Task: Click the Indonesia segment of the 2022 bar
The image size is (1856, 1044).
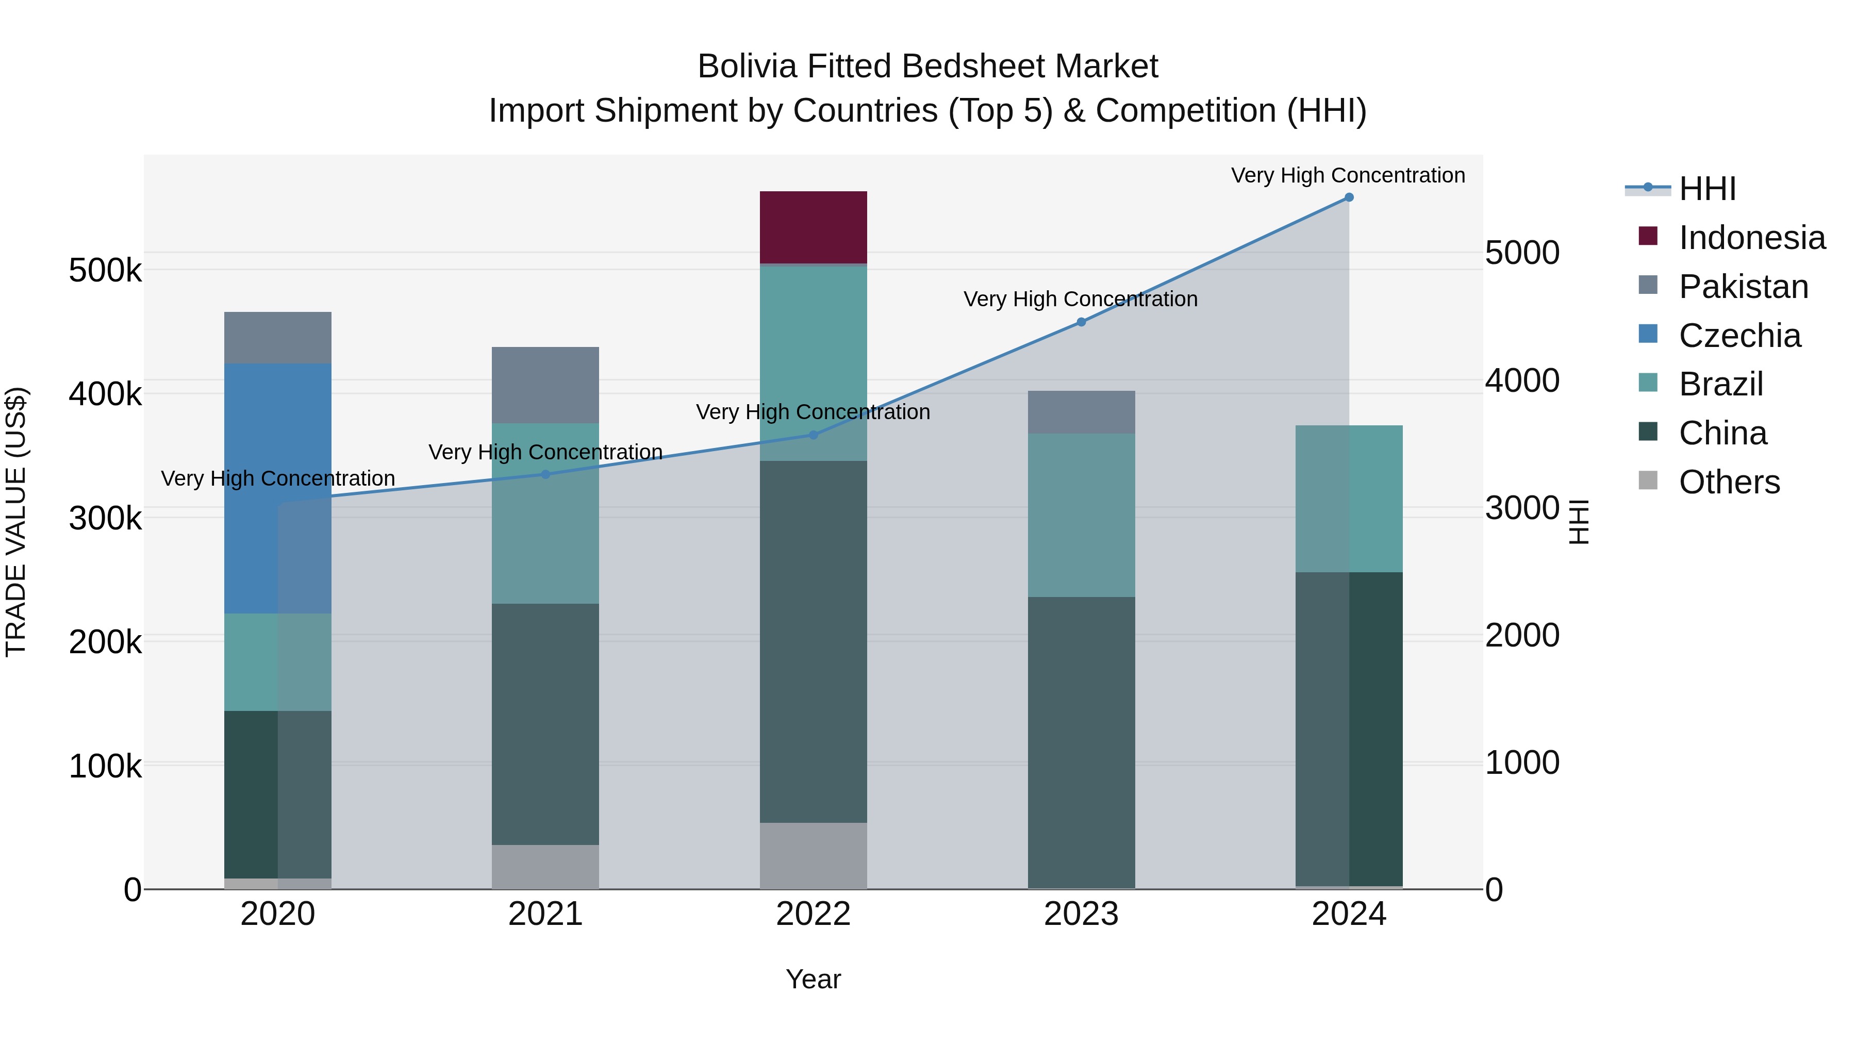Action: tap(814, 227)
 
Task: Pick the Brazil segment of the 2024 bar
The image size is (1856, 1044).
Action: tap(1349, 499)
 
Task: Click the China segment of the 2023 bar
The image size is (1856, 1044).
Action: tap(1081, 742)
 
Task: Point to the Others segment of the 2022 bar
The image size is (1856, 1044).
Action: tap(814, 855)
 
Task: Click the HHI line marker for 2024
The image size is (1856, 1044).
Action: tap(1349, 197)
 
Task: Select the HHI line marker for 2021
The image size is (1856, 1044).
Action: tap(545, 474)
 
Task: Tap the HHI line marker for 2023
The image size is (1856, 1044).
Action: tap(1081, 322)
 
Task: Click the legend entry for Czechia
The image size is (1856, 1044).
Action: tap(1739, 336)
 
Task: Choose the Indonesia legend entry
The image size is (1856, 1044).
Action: tap(1751, 238)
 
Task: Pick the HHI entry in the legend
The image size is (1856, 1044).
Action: tap(1707, 189)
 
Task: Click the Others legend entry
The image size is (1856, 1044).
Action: tap(1729, 482)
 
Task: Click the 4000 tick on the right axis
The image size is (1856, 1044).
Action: tap(1522, 380)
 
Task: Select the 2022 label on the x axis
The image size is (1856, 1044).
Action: tap(814, 914)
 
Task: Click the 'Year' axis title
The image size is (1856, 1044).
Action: tap(814, 979)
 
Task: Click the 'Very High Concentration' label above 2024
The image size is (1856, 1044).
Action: tap(1347, 175)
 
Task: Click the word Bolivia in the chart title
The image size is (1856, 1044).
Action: tap(747, 67)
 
